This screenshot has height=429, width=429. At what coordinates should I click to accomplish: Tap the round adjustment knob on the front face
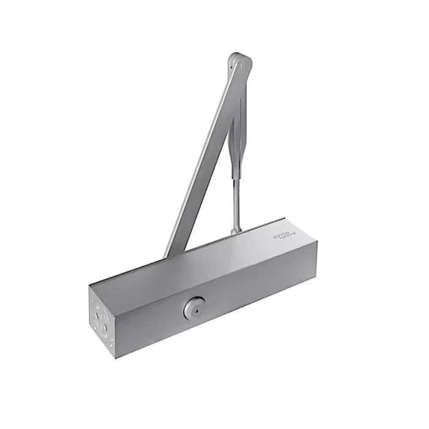(194, 308)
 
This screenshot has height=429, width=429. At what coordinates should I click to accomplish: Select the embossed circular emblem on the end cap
(101, 313)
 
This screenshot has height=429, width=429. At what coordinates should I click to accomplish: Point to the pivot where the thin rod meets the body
(235, 230)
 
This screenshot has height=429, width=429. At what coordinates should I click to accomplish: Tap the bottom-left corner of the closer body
(115, 357)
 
